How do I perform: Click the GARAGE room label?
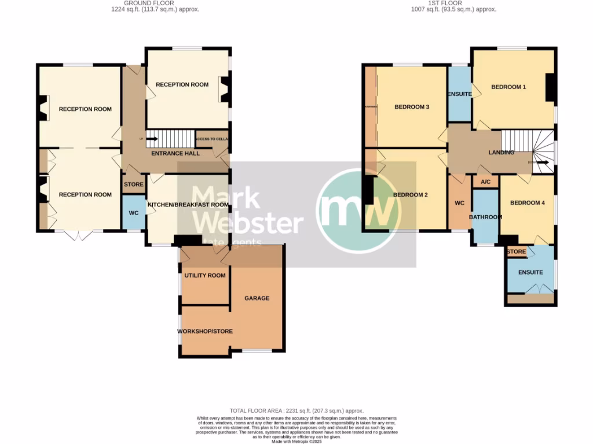point(257,298)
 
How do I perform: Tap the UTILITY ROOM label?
point(204,275)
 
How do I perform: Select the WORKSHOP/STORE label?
point(204,331)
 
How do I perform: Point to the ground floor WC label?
point(133,213)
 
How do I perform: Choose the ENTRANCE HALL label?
point(175,153)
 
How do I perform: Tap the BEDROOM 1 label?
point(508,87)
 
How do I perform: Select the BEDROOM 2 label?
point(410,195)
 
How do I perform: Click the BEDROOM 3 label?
point(411,106)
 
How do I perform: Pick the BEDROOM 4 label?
point(527,203)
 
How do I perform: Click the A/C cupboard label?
point(485,182)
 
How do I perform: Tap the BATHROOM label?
point(485,217)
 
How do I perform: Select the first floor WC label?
point(460,203)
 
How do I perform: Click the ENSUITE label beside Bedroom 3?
point(459,94)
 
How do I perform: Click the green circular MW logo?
point(358,210)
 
